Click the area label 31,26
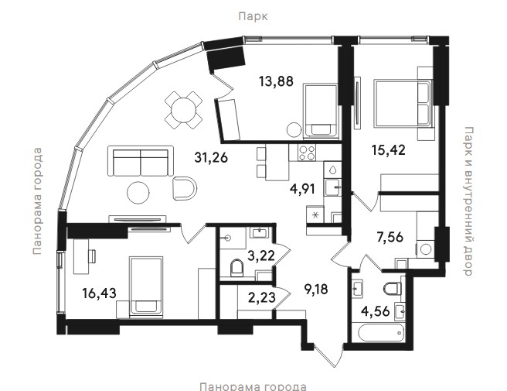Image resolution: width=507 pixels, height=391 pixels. click(211, 157)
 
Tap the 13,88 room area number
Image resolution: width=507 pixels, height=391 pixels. click(276, 81)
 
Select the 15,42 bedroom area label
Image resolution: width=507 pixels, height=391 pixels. click(388, 150)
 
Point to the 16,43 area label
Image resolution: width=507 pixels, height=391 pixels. click(99, 293)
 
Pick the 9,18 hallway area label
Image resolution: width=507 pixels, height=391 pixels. click(317, 289)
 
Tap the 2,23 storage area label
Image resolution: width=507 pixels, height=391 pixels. click(262, 297)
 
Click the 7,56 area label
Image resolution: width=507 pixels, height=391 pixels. click(390, 238)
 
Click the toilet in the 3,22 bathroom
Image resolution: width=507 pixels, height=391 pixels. click(237, 268)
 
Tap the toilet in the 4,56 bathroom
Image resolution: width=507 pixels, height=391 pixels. click(393, 288)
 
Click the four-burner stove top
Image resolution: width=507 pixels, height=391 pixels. click(307, 153)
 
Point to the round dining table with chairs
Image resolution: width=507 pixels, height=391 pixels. click(183, 110)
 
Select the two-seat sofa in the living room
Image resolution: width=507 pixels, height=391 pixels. click(141, 161)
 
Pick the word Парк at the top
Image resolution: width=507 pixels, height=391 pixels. click(253, 16)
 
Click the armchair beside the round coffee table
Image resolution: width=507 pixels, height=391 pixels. click(185, 189)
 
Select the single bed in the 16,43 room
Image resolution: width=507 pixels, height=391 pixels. click(146, 286)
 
